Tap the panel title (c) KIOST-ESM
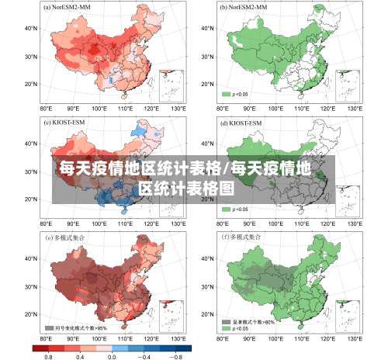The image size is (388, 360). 64,123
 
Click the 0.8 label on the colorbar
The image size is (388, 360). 48,355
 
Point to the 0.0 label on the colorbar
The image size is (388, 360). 112,355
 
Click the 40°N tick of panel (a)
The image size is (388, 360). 32,29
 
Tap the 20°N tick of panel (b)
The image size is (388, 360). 207,84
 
